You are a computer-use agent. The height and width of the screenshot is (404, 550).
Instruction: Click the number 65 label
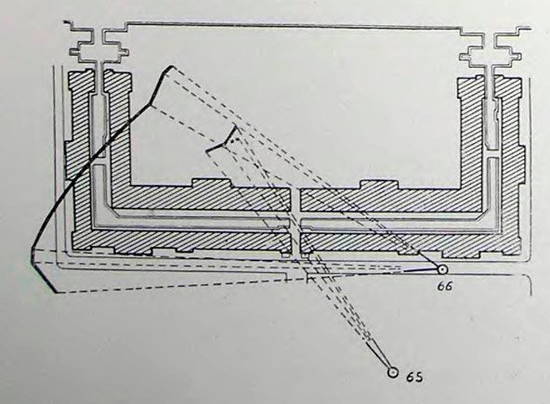tap(414, 377)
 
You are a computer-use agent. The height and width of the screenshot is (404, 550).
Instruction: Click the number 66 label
tap(445, 286)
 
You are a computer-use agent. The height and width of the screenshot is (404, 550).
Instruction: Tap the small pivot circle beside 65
tap(393, 372)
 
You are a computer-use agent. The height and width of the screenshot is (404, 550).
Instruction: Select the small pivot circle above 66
tap(442, 269)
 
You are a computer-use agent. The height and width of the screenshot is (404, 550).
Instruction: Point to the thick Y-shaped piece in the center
tap(225, 142)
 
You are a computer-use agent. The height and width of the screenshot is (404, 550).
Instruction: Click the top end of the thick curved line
tap(172, 66)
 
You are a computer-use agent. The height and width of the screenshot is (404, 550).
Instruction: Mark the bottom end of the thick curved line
tap(55, 292)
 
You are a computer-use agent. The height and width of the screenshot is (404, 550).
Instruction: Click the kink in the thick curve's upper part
tap(151, 105)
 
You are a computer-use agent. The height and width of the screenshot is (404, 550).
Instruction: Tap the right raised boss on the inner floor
tap(380, 184)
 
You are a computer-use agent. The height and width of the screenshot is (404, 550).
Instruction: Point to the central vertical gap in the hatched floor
tap(295, 221)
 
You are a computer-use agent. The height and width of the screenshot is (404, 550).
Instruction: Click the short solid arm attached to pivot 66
tap(421, 270)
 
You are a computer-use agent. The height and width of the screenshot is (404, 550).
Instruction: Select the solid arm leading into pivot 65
tap(378, 356)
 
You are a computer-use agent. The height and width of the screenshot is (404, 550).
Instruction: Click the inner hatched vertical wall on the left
tap(119, 132)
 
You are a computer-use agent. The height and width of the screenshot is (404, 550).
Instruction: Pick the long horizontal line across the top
tap(293, 25)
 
